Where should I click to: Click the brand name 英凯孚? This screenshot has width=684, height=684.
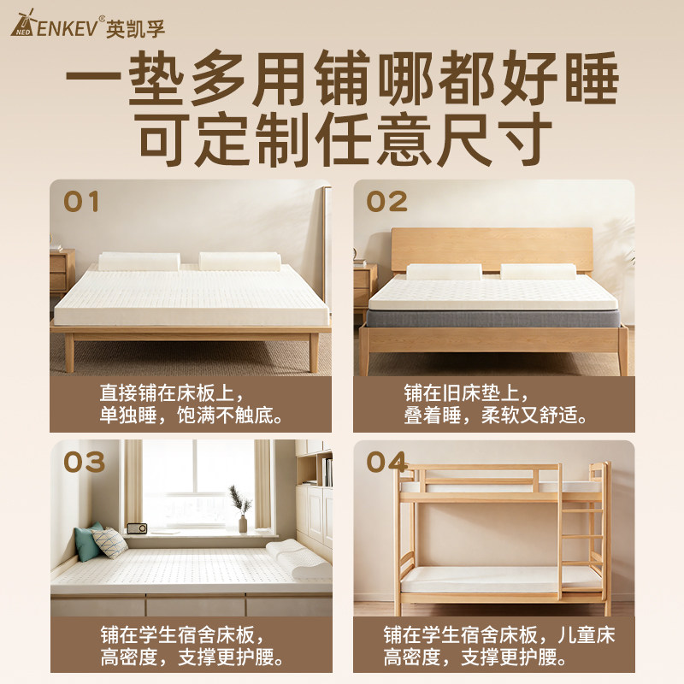tap(135, 29)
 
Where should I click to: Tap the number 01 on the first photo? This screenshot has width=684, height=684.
tap(81, 202)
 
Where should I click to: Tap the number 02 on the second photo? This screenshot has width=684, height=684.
tap(386, 202)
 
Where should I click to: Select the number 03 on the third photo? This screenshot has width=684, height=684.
tap(84, 463)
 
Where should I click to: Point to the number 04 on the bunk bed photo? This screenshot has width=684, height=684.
tap(387, 463)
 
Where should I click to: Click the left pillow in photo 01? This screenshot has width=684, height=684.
tap(139, 262)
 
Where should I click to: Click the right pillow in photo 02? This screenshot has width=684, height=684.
tap(538, 271)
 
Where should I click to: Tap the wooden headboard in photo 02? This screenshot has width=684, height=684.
tap(492, 249)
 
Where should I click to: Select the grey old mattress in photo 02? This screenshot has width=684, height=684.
tap(493, 318)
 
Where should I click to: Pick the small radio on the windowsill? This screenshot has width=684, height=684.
tap(137, 528)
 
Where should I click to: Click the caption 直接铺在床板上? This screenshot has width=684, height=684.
tap(172, 393)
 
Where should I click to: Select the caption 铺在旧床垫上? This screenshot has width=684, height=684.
tap(466, 393)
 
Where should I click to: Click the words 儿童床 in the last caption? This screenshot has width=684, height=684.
tap(587, 635)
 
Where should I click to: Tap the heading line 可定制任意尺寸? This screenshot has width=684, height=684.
tap(345, 139)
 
